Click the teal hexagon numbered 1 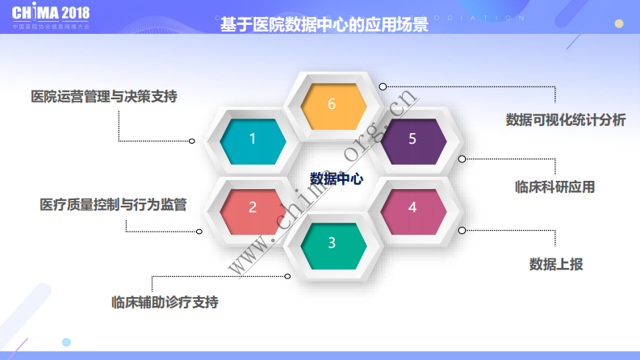pos(252,139)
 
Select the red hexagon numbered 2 pos(252,207)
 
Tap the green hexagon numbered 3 pos(332,243)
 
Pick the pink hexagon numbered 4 pos(412,207)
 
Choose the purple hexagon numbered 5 pos(412,139)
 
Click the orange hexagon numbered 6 pos(332,104)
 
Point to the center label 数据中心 pos(337,178)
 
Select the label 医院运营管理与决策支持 pos(104,96)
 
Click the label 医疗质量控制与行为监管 pos(113,204)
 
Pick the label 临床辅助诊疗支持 pos(165,303)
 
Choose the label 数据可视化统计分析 pos(566,119)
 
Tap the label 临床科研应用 pos(554,186)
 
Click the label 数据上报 pos(555,264)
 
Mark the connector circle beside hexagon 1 pos(192,140)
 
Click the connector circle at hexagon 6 pos(383,86)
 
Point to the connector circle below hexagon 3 pos(288,277)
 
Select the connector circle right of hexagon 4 pos(462,230)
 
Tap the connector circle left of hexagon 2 pos(199,231)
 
